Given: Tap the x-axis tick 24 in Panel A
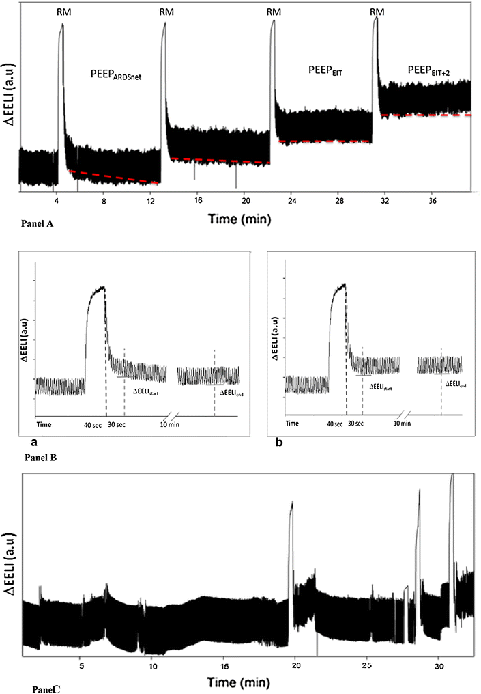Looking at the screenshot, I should pyautogui.click(x=291, y=202).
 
